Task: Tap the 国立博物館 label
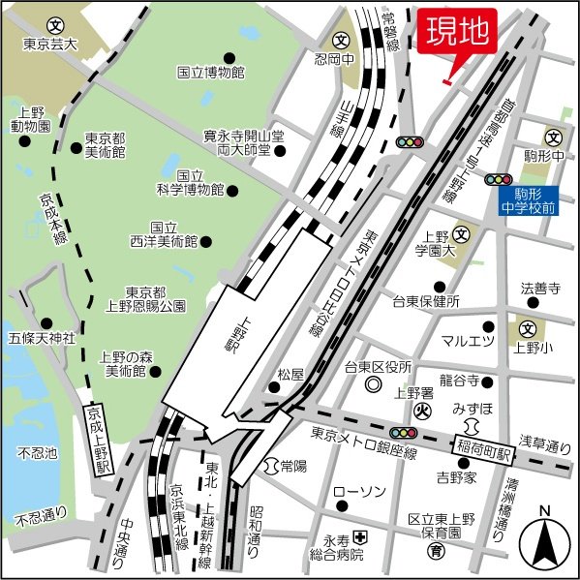210,72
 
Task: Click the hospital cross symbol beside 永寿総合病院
359,536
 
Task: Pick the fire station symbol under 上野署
420,411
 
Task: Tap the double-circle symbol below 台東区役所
374,385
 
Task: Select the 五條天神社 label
42,338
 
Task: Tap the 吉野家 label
455,476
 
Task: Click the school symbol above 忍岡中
342,41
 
